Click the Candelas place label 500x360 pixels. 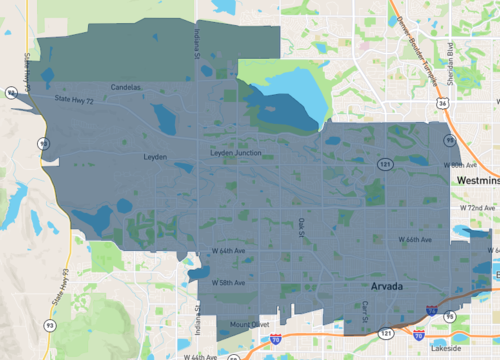click(128, 87)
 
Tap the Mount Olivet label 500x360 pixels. click(249, 325)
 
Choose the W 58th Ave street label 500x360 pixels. click(228, 283)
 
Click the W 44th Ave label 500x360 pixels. click(199, 356)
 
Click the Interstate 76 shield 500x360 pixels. click(429, 313)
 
